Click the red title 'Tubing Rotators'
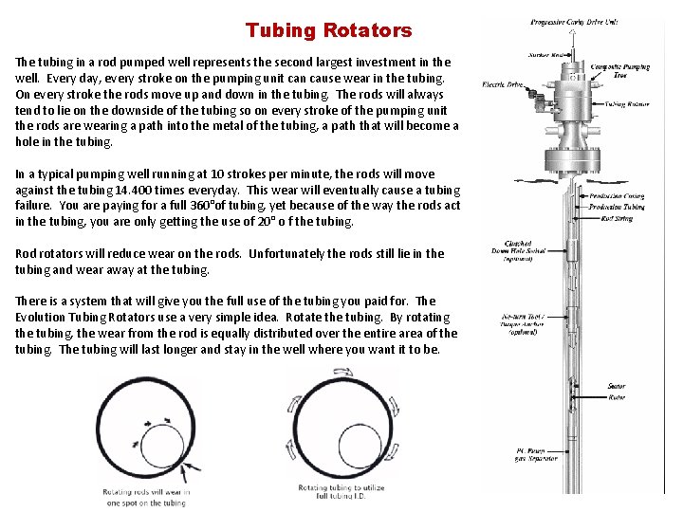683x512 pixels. [328, 30]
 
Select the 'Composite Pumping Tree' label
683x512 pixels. [618, 70]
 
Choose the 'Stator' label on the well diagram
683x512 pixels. [617, 386]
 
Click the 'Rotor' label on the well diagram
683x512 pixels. [617, 397]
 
